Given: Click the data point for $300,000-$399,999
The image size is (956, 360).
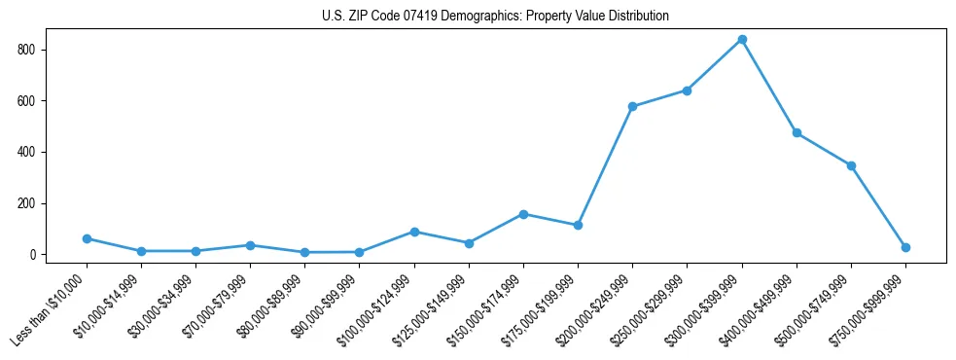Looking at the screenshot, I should tap(742, 39).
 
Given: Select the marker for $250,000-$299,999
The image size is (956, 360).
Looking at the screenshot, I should tap(688, 90).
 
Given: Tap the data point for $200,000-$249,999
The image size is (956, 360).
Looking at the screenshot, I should tap(633, 106).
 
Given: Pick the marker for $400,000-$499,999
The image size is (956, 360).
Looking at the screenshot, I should tap(797, 132).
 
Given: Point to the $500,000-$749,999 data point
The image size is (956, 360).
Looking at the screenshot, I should tap(851, 165).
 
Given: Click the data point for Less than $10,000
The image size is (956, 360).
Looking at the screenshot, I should tap(88, 238).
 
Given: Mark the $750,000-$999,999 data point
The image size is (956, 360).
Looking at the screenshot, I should tap(905, 247).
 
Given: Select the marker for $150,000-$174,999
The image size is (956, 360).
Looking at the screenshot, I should tap(524, 214).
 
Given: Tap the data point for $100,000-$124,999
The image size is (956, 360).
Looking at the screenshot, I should tap(414, 232).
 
